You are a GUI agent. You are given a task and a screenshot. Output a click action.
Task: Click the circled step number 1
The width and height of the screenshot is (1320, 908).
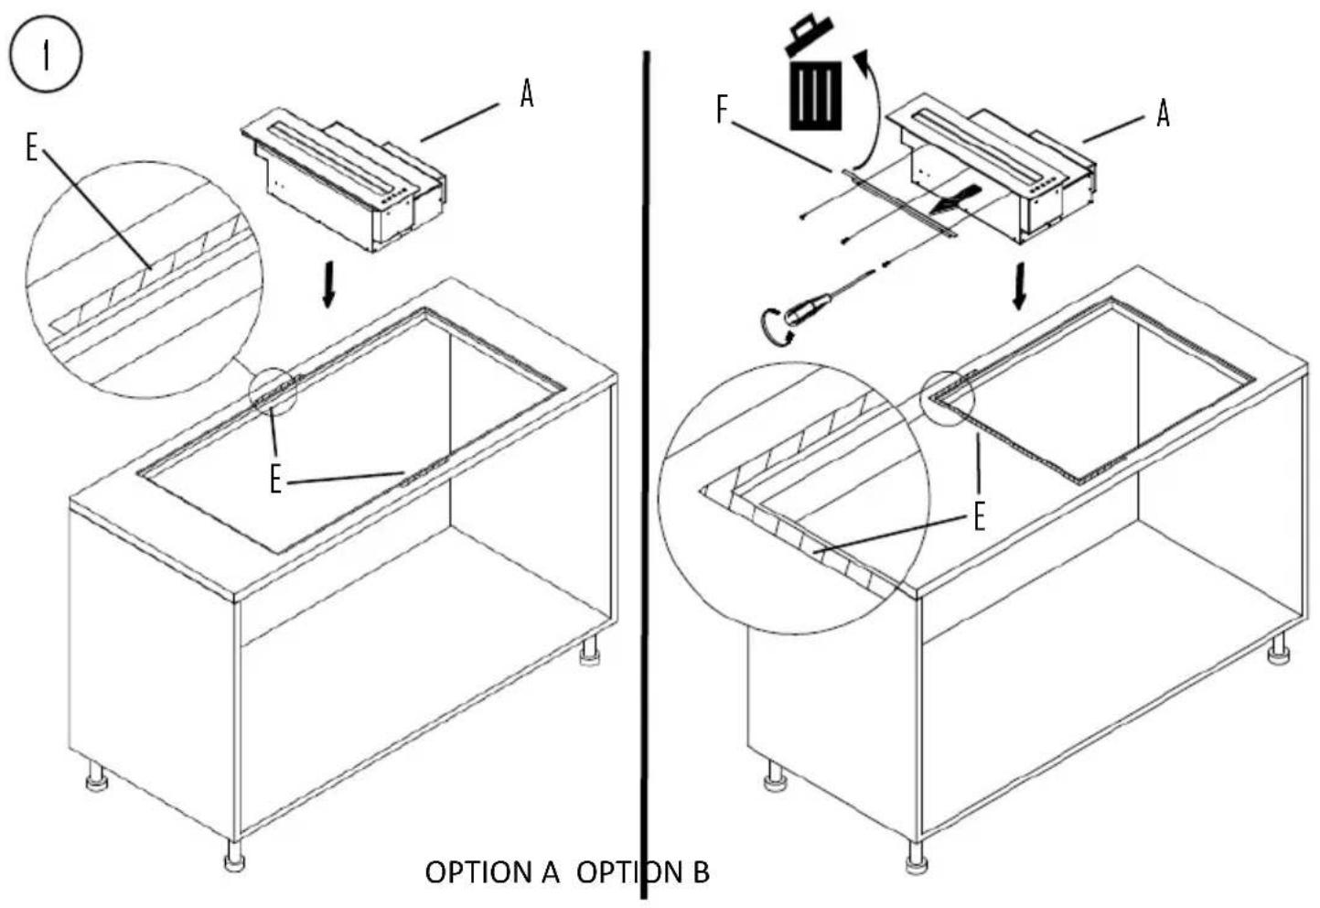[x=46, y=56]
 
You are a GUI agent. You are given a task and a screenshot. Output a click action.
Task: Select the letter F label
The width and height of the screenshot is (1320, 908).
[x=722, y=111]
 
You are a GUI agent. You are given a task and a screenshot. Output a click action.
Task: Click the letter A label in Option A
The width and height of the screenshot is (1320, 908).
[x=526, y=93]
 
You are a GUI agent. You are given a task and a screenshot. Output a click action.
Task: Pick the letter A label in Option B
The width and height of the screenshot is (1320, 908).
[x=1163, y=114]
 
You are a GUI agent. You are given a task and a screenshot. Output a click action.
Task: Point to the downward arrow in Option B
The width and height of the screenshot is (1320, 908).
[x=1019, y=287]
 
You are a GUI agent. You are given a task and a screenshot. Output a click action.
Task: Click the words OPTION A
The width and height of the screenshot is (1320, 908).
[x=491, y=872]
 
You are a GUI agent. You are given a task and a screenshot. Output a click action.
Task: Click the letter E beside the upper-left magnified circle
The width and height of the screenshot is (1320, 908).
[x=32, y=147]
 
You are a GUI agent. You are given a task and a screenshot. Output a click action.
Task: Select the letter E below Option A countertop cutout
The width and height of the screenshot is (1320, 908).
[x=276, y=478]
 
